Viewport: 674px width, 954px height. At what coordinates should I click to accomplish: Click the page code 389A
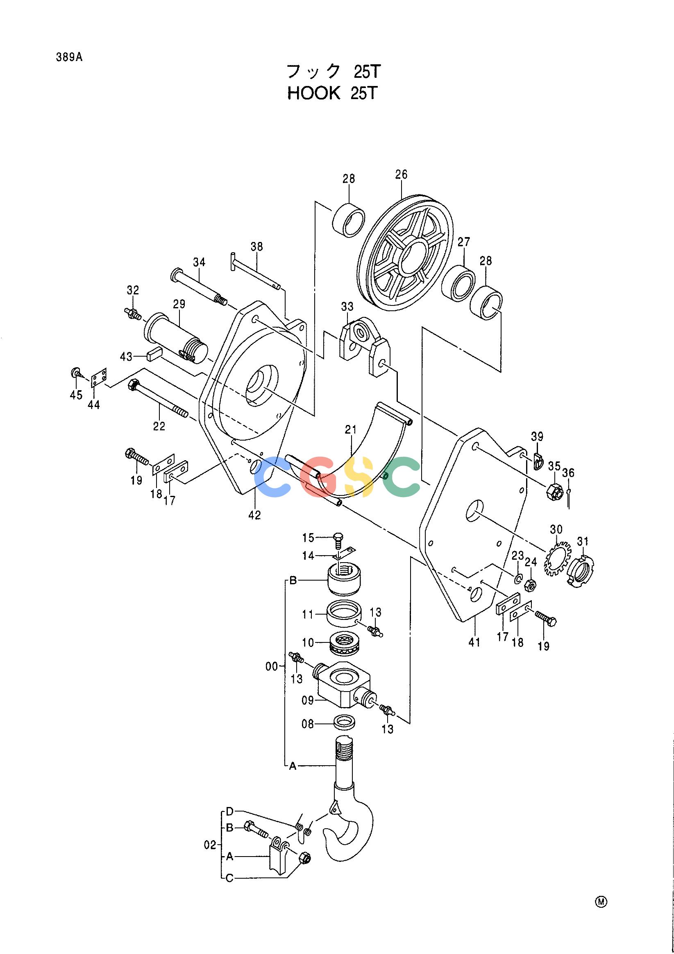point(69,57)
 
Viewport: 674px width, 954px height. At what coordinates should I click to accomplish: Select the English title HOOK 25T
point(331,93)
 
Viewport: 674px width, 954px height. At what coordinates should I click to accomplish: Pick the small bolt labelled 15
point(338,541)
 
